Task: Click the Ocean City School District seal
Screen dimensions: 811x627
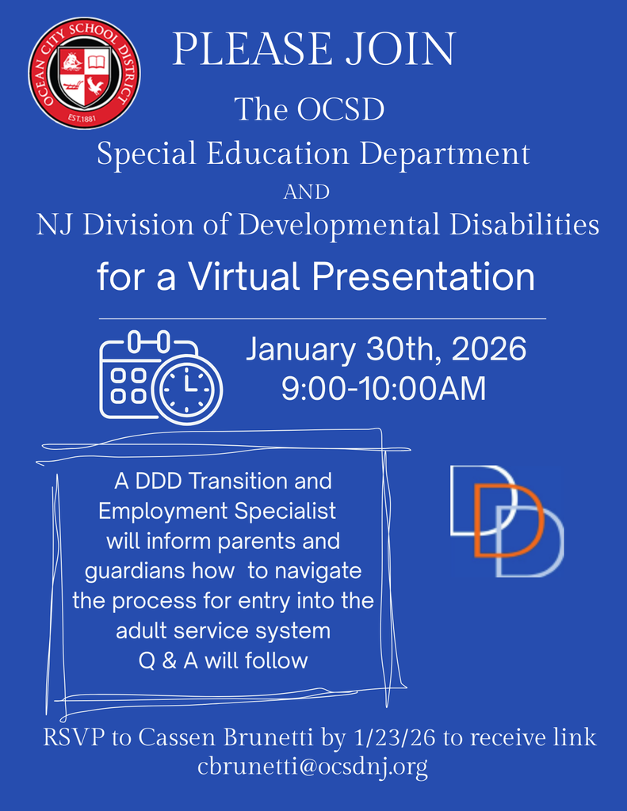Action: point(85,73)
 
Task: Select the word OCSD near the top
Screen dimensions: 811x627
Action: point(341,109)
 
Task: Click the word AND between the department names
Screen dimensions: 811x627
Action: point(306,192)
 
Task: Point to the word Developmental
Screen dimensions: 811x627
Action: point(339,226)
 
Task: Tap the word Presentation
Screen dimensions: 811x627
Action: point(423,277)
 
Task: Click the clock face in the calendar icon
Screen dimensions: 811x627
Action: point(188,388)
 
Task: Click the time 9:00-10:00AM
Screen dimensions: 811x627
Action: point(384,389)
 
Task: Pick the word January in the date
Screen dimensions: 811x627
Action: point(300,349)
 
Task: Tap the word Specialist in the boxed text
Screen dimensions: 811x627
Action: point(285,511)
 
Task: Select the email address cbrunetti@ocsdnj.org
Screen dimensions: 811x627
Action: point(313,767)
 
